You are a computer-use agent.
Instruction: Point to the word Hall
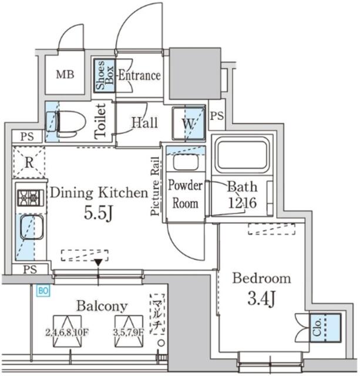144,123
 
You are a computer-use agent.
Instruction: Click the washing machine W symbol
188,124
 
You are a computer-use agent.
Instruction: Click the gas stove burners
29,197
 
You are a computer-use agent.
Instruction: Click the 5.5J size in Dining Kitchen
97,213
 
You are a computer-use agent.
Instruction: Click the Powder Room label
185,194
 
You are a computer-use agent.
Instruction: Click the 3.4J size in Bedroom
261,299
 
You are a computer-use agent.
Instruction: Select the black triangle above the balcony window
99,262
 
